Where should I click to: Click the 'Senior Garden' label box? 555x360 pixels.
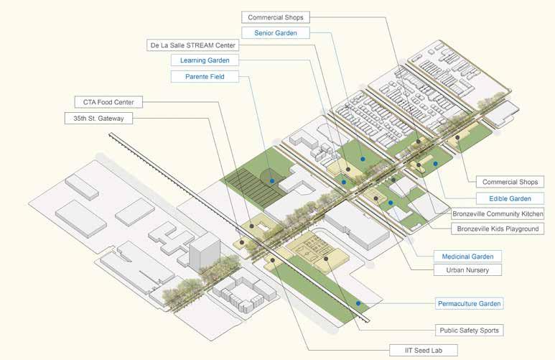(275, 33)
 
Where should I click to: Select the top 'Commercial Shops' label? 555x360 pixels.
(276, 17)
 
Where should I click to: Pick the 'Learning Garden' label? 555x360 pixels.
(205, 60)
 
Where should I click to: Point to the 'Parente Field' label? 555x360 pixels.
(205, 76)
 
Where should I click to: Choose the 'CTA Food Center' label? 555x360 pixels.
(108, 102)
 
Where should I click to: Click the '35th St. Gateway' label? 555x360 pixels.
(108, 117)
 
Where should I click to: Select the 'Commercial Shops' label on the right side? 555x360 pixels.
(509, 182)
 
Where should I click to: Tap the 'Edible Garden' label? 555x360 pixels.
(510, 198)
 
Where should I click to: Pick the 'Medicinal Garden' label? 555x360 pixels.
(467, 256)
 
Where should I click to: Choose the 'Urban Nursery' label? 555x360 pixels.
(467, 270)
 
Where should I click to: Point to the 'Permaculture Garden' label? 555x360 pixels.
(470, 303)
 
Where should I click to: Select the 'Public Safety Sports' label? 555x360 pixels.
(470, 331)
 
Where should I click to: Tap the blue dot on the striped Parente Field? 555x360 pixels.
(272, 182)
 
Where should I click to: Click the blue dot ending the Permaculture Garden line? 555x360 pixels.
(357, 303)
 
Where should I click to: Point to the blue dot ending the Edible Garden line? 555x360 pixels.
(435, 164)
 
